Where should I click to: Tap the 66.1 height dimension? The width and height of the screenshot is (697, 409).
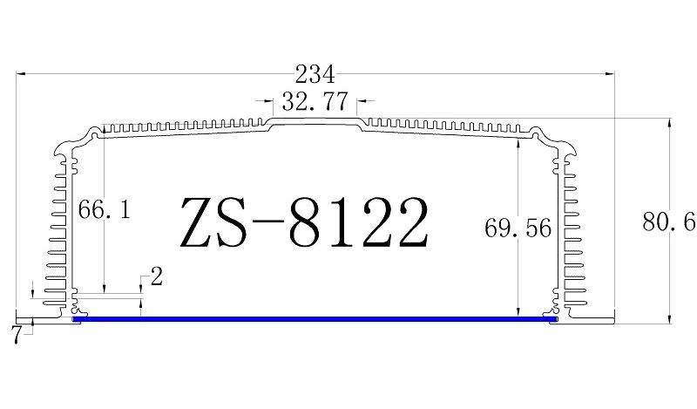pyautogui.click(x=104, y=210)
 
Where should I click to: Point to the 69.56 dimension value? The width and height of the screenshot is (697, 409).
pyautogui.click(x=518, y=228)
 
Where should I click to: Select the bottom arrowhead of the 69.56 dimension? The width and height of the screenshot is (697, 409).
pyautogui.click(x=518, y=310)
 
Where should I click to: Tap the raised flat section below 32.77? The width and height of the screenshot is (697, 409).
pyautogui.click(x=315, y=124)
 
